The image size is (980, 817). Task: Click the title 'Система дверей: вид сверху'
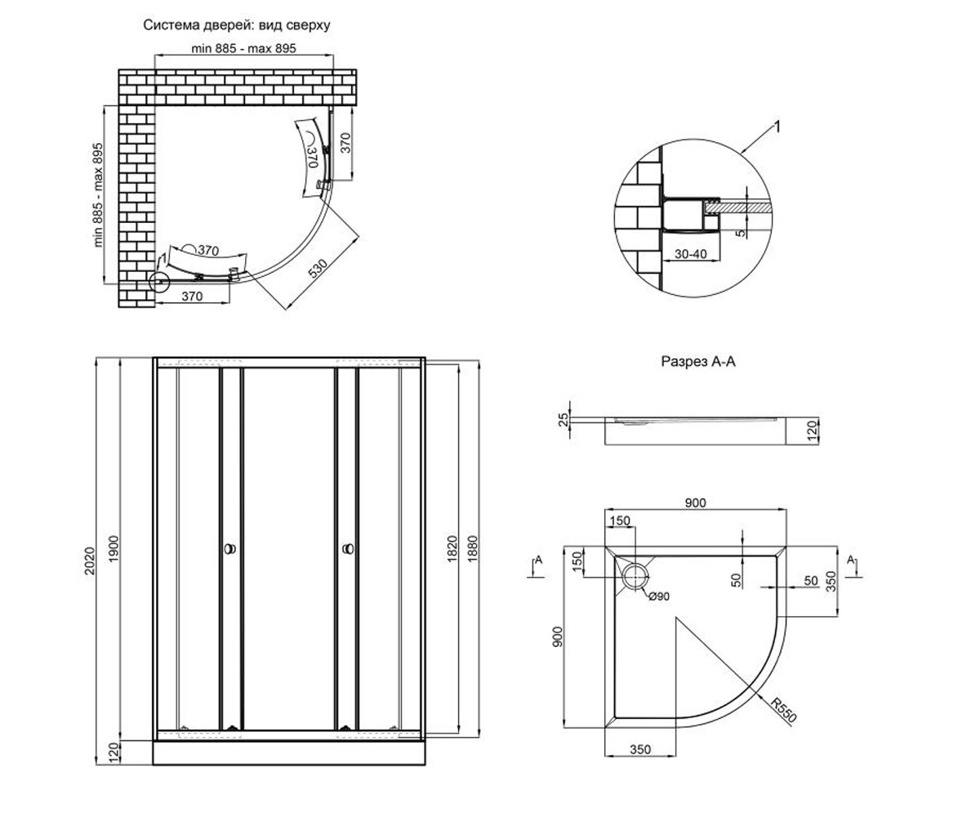(237, 25)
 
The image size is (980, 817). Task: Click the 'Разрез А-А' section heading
(698, 361)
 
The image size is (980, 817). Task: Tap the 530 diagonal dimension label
(318, 268)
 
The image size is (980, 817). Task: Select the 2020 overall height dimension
(90, 560)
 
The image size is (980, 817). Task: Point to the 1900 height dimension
(114, 547)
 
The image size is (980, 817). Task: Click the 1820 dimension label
(452, 548)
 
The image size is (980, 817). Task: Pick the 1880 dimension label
(472, 548)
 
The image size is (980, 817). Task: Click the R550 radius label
(784, 710)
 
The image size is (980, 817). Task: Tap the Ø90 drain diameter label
(659, 596)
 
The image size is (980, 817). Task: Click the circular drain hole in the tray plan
(635, 576)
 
